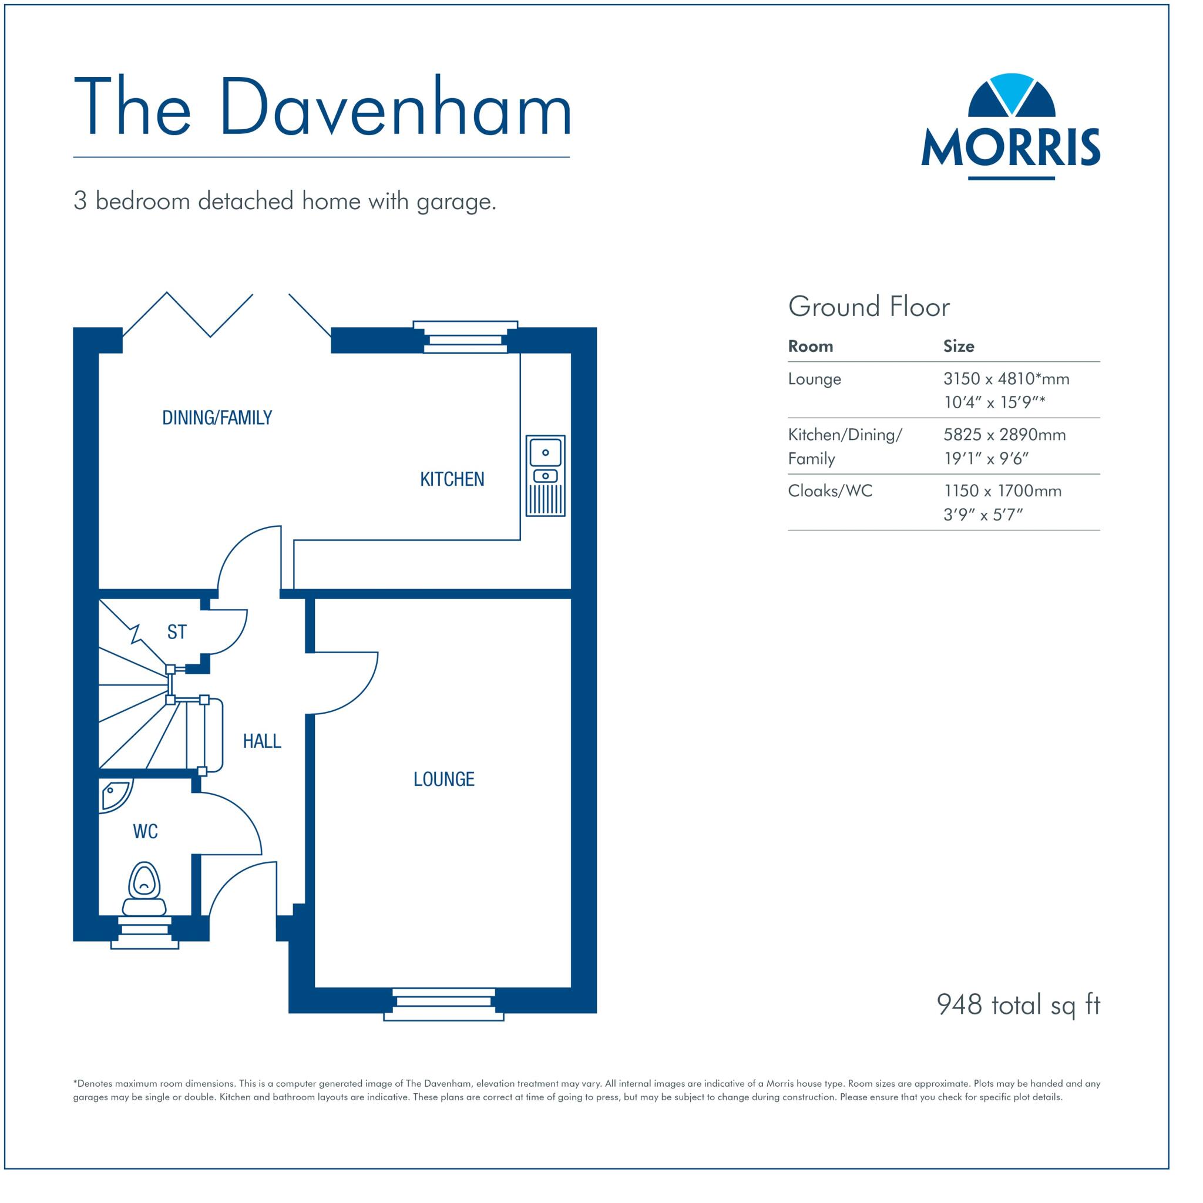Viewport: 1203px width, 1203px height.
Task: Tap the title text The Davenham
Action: pyautogui.click(x=322, y=106)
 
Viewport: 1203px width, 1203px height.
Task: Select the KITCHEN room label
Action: pyautogui.click(x=452, y=479)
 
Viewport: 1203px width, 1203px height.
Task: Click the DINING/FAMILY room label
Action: pyautogui.click(x=217, y=417)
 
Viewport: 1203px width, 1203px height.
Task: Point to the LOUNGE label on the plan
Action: pyautogui.click(x=444, y=779)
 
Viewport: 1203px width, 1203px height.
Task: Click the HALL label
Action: pyautogui.click(x=261, y=741)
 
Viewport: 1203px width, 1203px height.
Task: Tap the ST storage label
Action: pyautogui.click(x=177, y=632)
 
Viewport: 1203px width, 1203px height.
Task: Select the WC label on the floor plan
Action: pyautogui.click(x=145, y=831)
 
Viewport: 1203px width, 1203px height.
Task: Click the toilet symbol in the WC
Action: pyautogui.click(x=145, y=890)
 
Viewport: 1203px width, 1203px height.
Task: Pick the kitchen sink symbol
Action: pyautogui.click(x=546, y=475)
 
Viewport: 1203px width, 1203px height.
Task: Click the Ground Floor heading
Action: pyautogui.click(x=869, y=307)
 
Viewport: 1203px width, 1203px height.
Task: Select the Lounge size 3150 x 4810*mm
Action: pyautogui.click(x=1006, y=379)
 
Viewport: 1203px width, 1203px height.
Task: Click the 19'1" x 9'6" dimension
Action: pyautogui.click(x=986, y=459)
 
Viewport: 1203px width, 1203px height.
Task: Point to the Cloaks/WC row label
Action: pyautogui.click(x=830, y=490)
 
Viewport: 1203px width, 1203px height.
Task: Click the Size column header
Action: pyautogui.click(x=958, y=346)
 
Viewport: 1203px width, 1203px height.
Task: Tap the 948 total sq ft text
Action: pyautogui.click(x=1018, y=1004)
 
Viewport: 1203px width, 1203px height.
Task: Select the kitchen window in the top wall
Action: pyautogui.click(x=465, y=338)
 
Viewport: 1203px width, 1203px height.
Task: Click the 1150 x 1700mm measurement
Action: pyautogui.click(x=1003, y=490)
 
